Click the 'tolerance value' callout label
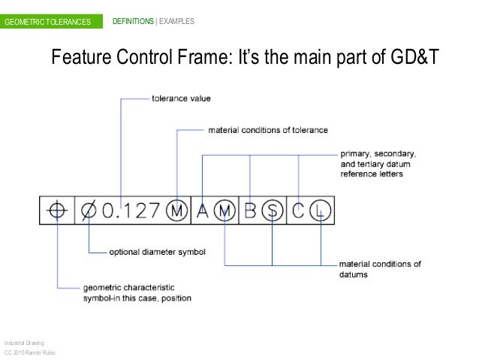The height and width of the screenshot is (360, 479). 181,98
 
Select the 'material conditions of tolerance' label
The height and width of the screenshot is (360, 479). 268,130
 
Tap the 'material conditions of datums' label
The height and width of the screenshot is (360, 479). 380,268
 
